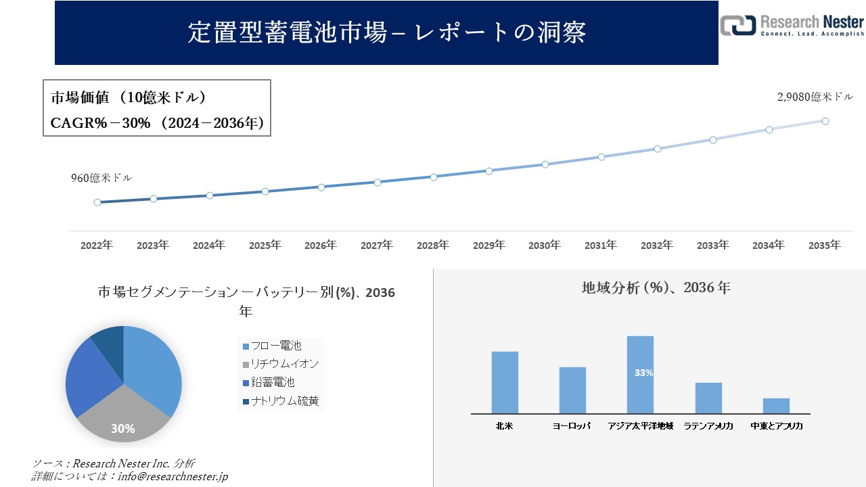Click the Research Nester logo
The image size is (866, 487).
pyautogui.click(x=792, y=25)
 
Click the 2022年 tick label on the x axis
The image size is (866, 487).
pyautogui.click(x=97, y=246)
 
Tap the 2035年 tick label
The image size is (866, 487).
pyautogui.click(x=825, y=246)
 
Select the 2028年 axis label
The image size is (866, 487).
pyautogui.click(x=433, y=246)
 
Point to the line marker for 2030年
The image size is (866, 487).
pyautogui.click(x=545, y=164)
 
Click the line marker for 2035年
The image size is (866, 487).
pyautogui.click(x=825, y=121)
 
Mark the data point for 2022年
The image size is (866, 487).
pyautogui.click(x=97, y=202)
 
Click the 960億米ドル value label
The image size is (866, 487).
pyautogui.click(x=101, y=178)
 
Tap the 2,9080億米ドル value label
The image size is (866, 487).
pyautogui.click(x=815, y=97)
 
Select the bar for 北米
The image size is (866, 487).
pyautogui.click(x=505, y=382)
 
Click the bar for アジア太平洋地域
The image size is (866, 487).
pyautogui.click(x=640, y=375)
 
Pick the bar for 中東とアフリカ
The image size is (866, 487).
pyautogui.click(x=776, y=406)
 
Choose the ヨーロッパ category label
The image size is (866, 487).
pyautogui.click(x=572, y=426)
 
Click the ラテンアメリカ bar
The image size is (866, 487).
pyautogui.click(x=708, y=398)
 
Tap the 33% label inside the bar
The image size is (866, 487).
pyautogui.click(x=643, y=373)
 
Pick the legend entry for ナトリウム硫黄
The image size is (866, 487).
pyautogui.click(x=280, y=401)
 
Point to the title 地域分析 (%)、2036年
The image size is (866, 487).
pyautogui.click(x=656, y=288)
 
